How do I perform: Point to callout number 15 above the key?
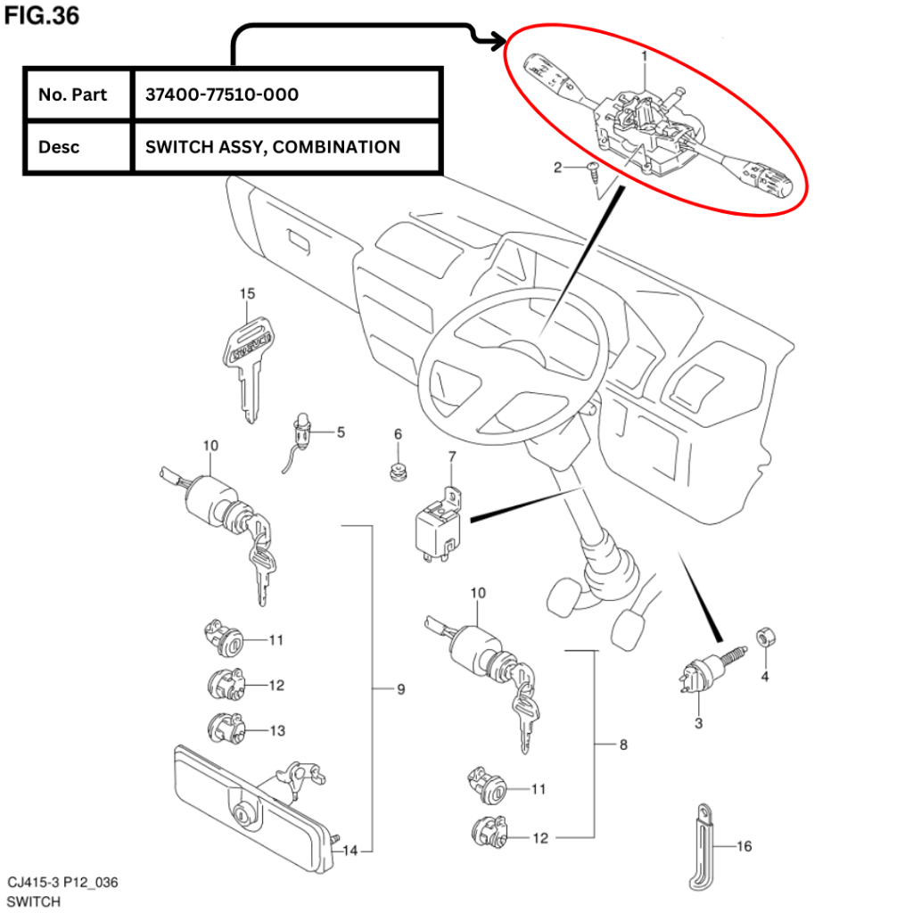coord(247,293)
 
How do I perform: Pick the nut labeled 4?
coord(763,638)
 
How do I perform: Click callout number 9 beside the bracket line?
coord(400,689)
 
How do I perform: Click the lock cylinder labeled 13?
coord(224,728)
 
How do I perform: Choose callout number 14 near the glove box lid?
coord(350,851)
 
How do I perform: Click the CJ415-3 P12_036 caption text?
coord(62,883)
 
